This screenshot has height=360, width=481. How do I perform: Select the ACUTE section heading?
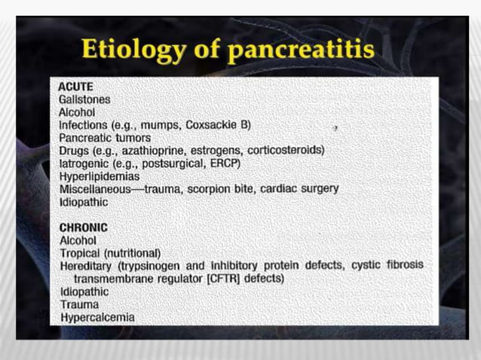(76, 87)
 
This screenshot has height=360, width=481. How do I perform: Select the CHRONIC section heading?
(83, 227)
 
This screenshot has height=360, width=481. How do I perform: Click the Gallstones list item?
(84, 99)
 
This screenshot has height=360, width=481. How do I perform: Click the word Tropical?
(79, 253)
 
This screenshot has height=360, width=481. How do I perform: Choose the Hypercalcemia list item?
(97, 317)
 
